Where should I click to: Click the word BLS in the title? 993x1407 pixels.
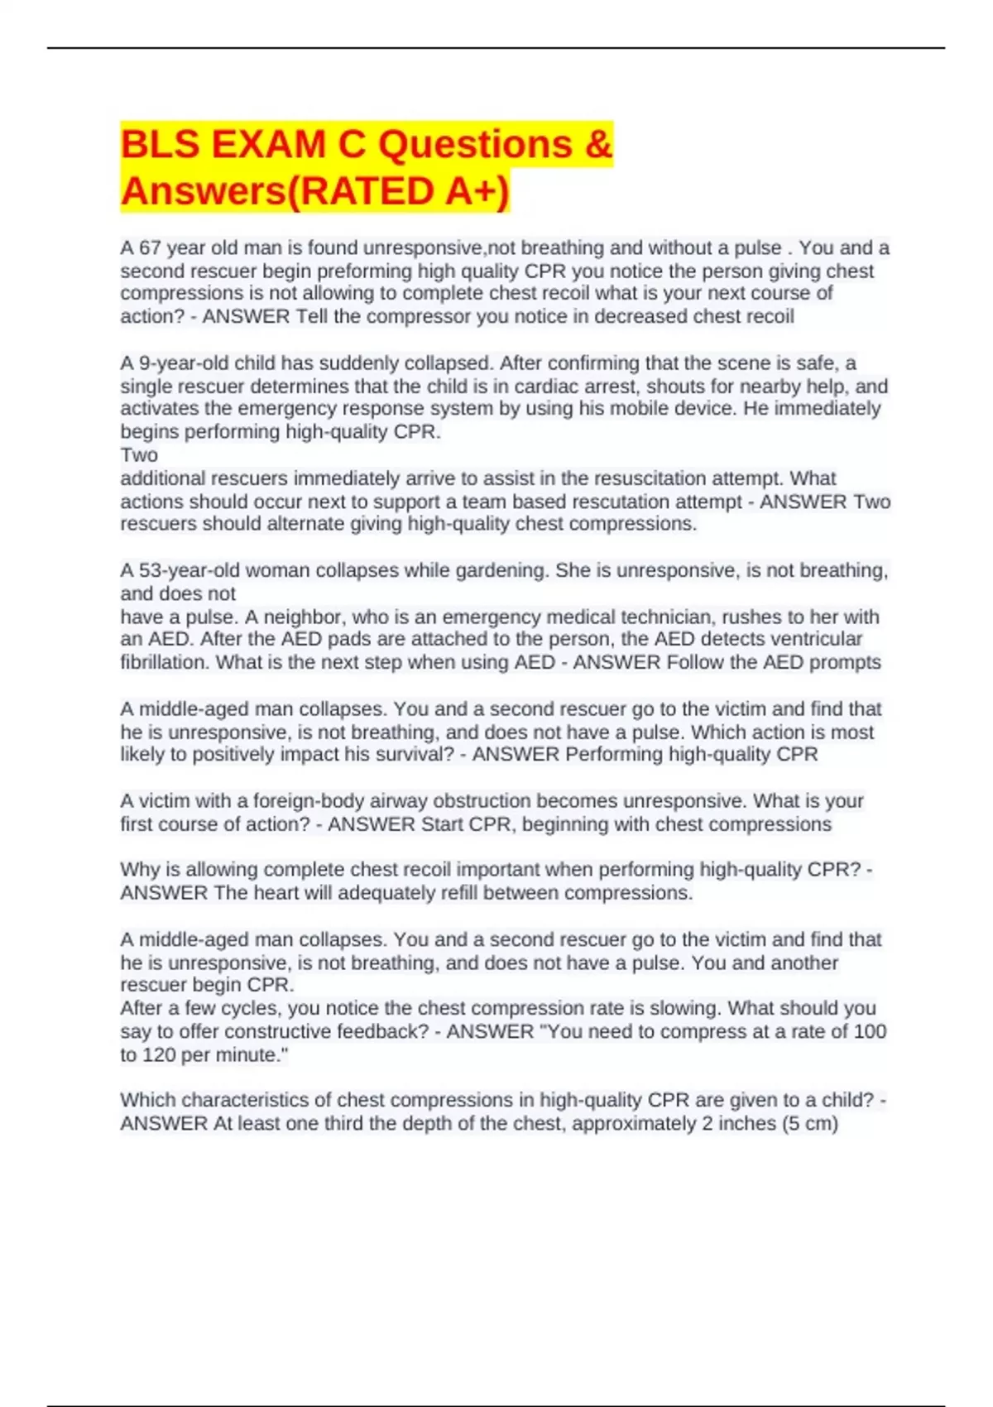tap(161, 145)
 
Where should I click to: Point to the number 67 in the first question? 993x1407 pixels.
tap(150, 248)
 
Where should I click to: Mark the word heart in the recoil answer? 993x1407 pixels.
tap(276, 893)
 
